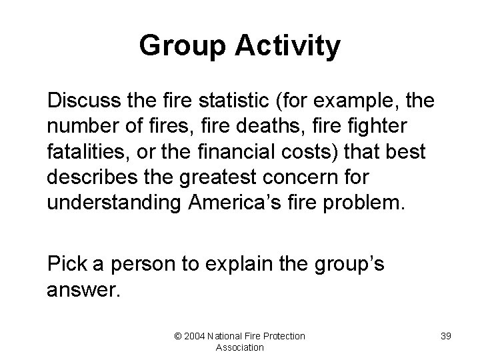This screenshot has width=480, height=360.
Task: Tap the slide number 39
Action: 445,336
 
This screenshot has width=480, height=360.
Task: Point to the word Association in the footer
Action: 239,347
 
